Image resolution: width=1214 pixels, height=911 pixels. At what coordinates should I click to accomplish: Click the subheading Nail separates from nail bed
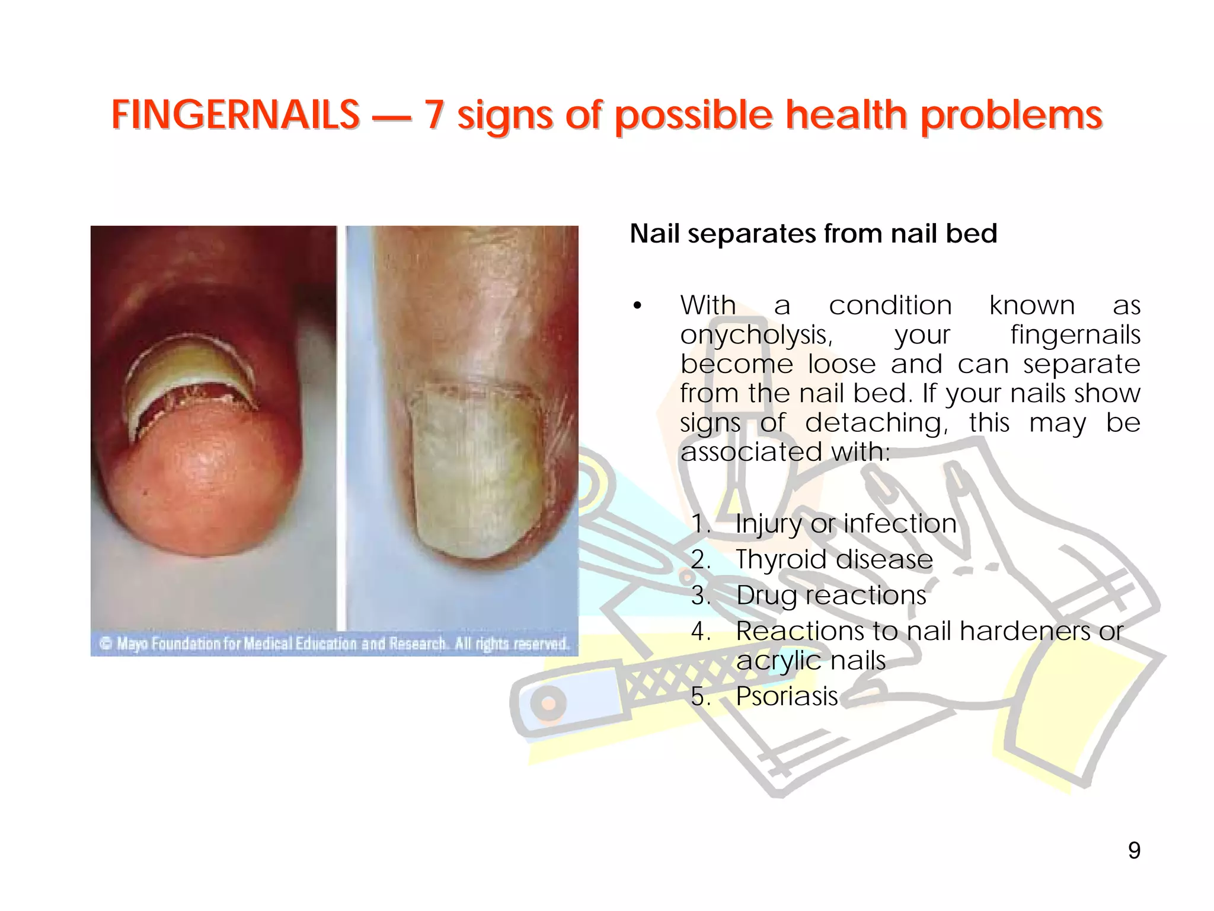[813, 234]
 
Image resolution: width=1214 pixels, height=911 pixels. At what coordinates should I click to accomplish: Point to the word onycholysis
[756, 335]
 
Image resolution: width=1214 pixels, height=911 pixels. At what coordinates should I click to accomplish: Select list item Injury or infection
[845, 524]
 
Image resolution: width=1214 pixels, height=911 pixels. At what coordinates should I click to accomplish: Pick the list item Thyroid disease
[834, 559]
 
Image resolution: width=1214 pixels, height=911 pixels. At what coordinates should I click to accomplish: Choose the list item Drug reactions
[830, 595]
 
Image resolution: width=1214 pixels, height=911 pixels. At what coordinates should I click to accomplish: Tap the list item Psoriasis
[787, 696]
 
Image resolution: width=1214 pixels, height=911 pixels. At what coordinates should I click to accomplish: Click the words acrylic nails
[810, 661]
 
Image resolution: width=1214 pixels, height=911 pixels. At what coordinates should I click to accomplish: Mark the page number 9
[1133, 851]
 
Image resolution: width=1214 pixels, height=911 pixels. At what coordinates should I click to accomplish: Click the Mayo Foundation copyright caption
[334, 644]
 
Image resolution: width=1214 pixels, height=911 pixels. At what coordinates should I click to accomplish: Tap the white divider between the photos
[341, 427]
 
